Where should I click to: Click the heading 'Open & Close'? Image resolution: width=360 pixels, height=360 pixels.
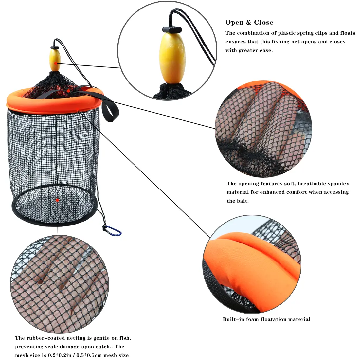coord(249,22)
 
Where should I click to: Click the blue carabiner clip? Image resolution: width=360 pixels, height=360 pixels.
coord(112,231)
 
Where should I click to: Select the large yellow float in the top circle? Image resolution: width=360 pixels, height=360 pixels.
coord(169,58)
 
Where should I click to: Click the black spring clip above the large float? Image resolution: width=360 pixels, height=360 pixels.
coord(172,29)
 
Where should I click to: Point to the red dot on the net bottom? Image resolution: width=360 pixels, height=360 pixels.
coord(57,200)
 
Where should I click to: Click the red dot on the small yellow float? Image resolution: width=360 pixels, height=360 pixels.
coord(56,63)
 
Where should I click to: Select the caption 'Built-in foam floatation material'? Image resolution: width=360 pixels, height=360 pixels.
coord(266,319)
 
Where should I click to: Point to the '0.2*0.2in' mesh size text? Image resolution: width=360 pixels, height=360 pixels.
coord(60,355)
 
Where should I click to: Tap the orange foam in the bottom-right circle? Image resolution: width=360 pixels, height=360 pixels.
coord(253,271)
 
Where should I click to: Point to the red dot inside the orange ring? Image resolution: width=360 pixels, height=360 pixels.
coord(68,91)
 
